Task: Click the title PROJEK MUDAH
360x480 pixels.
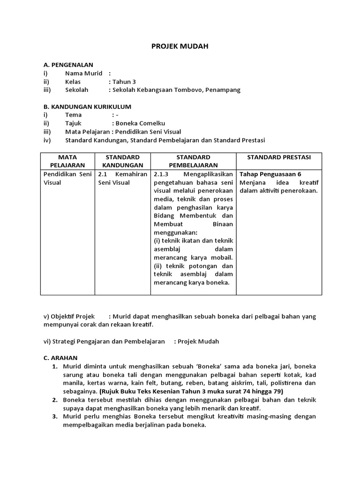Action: [180, 46]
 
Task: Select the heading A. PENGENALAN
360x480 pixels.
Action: [68, 65]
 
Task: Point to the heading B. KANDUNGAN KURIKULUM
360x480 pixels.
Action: [87, 106]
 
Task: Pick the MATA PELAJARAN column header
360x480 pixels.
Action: [67, 161]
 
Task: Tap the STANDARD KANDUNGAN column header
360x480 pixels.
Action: [122, 161]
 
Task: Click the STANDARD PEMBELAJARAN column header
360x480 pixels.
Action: [193, 161]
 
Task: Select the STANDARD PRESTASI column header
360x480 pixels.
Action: [278, 157]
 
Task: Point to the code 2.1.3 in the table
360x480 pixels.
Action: [162, 174]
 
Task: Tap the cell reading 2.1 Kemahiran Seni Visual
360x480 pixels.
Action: [122, 178]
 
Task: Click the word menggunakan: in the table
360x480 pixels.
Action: [176, 232]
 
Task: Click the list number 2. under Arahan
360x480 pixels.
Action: [55, 400]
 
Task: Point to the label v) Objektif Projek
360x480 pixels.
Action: [69, 316]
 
